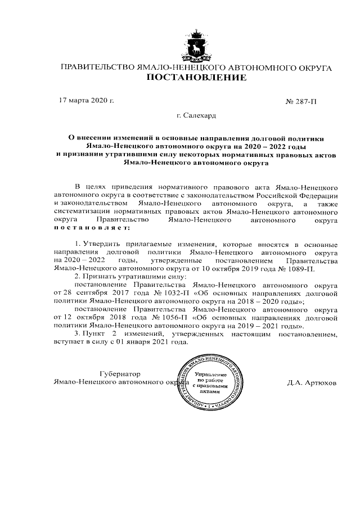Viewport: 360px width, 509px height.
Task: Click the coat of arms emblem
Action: click(195, 46)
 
